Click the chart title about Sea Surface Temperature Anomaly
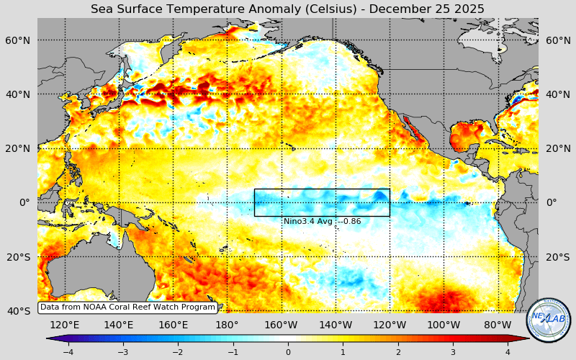click(287, 9)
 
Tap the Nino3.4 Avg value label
click(322, 221)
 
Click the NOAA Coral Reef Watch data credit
click(127, 307)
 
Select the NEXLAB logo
click(549, 320)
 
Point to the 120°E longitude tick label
click(65, 325)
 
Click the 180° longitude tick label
click(228, 325)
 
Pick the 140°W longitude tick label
click(336, 325)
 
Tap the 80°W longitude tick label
click(498, 325)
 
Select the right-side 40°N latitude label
click(557, 94)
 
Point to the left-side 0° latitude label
click(24, 202)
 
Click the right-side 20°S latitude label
click(557, 257)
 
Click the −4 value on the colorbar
click(68, 352)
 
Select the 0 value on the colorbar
click(288, 352)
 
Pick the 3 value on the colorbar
click(453, 352)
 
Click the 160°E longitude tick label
click(173, 325)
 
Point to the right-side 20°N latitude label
click(557, 148)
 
